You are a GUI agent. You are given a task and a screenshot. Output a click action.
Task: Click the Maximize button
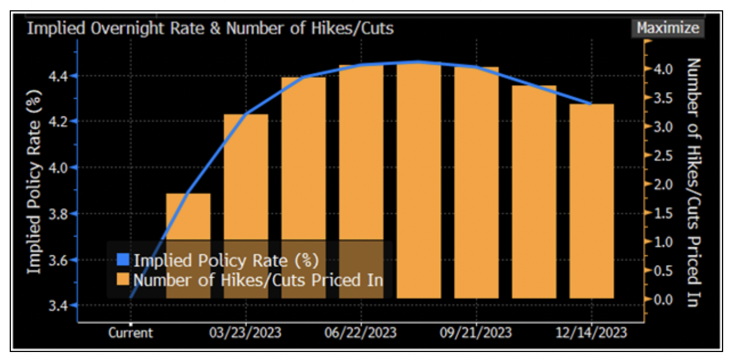668,28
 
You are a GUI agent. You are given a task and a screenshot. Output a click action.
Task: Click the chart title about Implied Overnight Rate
210,28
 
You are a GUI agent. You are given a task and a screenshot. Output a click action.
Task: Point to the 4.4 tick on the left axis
59,75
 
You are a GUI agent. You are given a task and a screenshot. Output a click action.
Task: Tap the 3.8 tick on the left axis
59,214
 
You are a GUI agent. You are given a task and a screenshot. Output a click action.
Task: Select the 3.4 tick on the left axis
59,306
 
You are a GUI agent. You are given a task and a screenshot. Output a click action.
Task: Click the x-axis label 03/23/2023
246,333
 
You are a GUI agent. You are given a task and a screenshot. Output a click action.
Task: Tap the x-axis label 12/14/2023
591,333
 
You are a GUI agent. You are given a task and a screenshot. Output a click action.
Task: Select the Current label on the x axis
131,333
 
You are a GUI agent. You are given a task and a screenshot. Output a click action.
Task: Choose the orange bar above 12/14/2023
591,200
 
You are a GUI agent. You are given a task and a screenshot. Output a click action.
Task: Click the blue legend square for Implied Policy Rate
124,261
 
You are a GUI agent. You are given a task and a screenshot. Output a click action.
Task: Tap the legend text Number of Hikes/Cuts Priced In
258,281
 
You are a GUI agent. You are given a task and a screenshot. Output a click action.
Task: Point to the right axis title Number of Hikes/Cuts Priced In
693,182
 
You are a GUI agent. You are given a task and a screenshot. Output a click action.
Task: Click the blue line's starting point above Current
131,297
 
